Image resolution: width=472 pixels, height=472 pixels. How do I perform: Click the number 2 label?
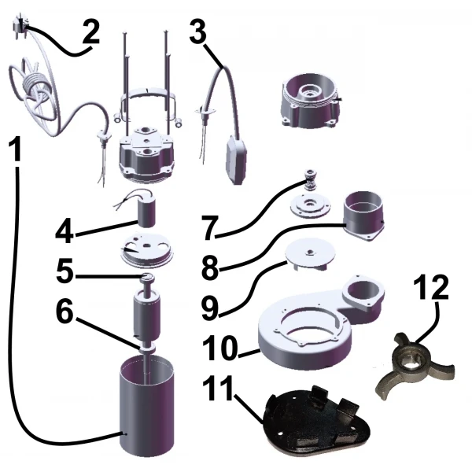(x=91, y=32)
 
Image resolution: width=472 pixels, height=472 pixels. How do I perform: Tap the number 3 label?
(x=197, y=31)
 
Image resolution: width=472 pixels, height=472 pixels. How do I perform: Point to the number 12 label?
(x=431, y=287)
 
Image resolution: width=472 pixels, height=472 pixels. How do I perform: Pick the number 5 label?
(x=65, y=271)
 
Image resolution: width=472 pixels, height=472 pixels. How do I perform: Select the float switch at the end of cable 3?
(x=237, y=159)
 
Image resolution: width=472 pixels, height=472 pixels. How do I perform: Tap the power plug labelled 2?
(x=19, y=22)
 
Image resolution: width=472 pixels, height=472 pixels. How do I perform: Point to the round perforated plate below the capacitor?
(x=147, y=251)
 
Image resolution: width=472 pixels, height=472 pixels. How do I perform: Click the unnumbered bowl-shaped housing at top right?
(x=312, y=100)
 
